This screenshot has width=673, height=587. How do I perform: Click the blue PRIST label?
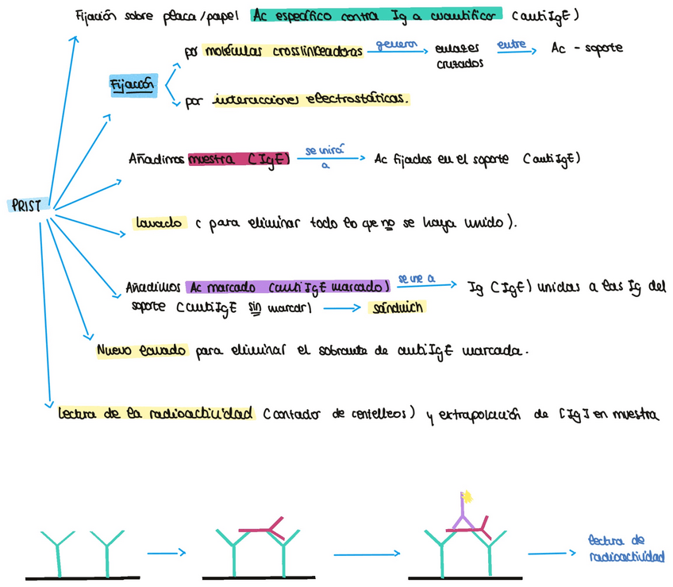pyautogui.click(x=26, y=204)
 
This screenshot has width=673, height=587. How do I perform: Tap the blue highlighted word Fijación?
pyautogui.click(x=133, y=85)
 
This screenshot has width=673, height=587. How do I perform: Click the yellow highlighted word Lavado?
pyautogui.click(x=161, y=222)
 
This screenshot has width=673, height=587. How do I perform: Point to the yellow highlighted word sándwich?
pyautogui.click(x=398, y=307)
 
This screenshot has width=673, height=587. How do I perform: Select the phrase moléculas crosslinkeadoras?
pyautogui.click(x=283, y=52)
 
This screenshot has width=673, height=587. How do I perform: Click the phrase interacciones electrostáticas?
pyautogui.click(x=310, y=100)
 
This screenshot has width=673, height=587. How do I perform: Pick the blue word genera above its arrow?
pyautogui.click(x=396, y=44)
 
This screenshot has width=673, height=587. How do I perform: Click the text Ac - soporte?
pyautogui.click(x=586, y=48)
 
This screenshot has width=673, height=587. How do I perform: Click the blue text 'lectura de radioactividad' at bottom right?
pyautogui.click(x=626, y=548)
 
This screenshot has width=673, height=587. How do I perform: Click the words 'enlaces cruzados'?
pyautogui.click(x=460, y=56)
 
